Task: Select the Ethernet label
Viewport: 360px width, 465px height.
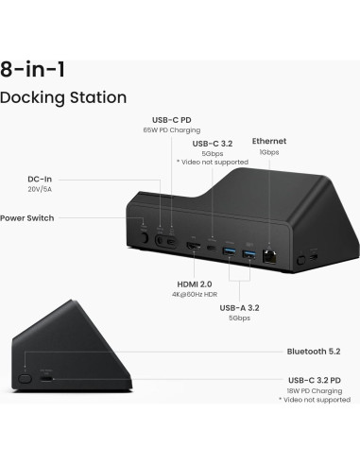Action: (x=268, y=141)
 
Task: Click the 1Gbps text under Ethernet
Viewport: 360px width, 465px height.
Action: (x=268, y=152)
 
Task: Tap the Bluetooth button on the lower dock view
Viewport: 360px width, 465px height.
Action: (x=26, y=377)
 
